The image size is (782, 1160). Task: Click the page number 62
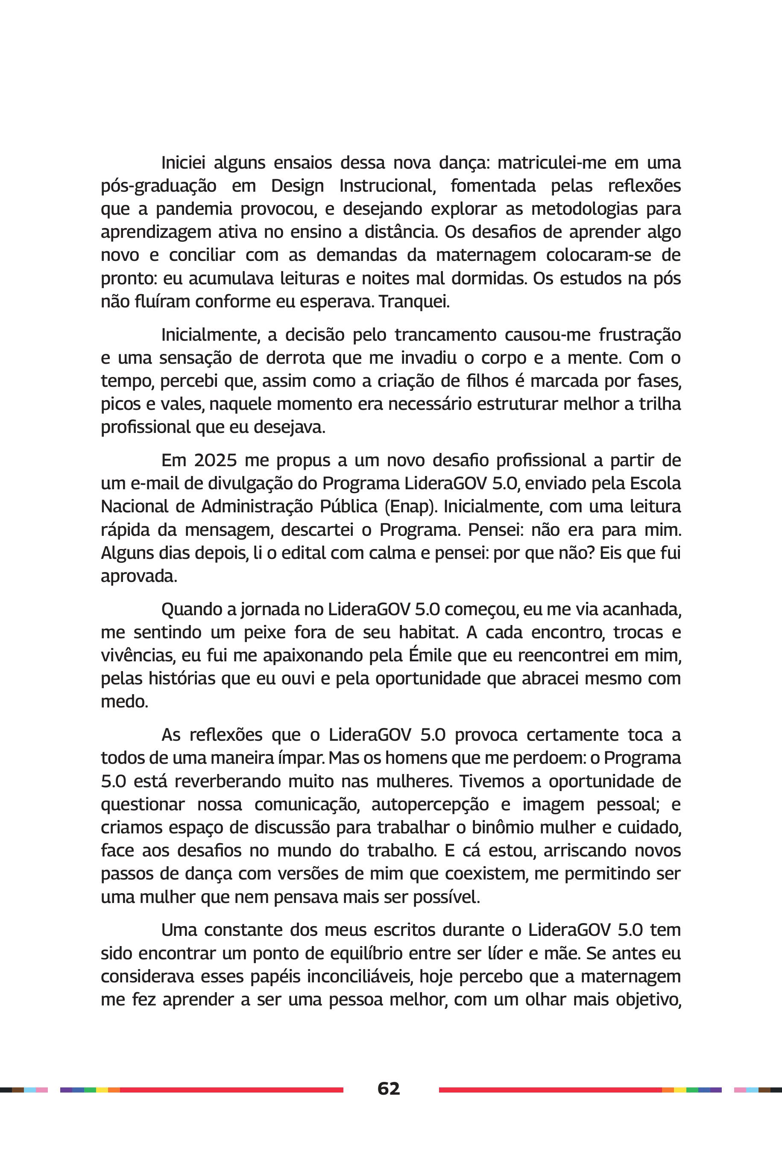(x=389, y=1088)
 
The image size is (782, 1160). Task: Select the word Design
(x=297, y=186)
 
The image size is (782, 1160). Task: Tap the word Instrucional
(x=387, y=186)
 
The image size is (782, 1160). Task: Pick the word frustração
(x=639, y=334)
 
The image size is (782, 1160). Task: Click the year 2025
(x=215, y=460)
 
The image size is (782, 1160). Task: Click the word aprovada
(x=139, y=576)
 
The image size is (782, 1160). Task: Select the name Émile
(x=430, y=655)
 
